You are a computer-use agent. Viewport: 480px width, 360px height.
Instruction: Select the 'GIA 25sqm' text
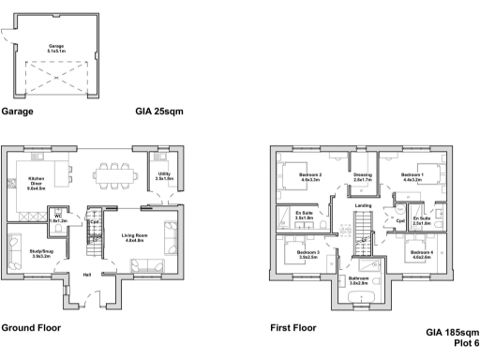[158, 111]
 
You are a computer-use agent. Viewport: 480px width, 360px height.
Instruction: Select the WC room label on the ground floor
[57, 218]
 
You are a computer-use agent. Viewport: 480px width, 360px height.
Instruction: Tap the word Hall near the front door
[86, 275]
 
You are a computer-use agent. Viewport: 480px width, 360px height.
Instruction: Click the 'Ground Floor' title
[31, 329]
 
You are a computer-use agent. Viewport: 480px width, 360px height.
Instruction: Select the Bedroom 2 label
[310, 176]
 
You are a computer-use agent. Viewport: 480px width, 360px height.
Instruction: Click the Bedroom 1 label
[412, 176]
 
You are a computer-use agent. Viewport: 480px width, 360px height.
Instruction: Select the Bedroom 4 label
[418, 253]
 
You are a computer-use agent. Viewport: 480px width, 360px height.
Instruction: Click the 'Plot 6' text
[464, 343]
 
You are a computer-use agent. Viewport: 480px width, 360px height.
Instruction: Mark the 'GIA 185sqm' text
[453, 333]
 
